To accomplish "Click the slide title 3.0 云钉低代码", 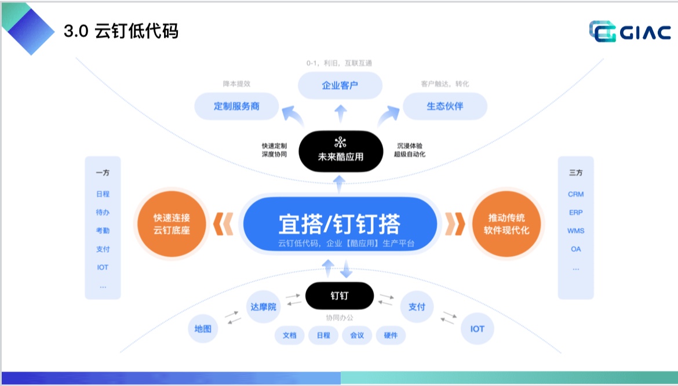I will click(x=121, y=31).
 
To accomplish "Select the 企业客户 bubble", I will click(x=340, y=86).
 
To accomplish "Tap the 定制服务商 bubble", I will click(x=236, y=107).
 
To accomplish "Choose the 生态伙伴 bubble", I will click(x=445, y=107).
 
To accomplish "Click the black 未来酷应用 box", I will click(x=340, y=150).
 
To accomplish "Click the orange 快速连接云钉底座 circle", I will click(x=172, y=224).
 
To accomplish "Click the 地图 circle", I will click(x=203, y=329).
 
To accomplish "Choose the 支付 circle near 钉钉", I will click(x=417, y=307).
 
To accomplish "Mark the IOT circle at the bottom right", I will click(x=477, y=329).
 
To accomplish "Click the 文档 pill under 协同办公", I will click(x=289, y=336).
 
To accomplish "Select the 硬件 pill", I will click(x=391, y=336).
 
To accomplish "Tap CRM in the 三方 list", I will click(x=575, y=194).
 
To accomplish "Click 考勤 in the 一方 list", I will click(x=103, y=231).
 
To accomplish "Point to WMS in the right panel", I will click(x=575, y=231).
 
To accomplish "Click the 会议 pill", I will click(x=357, y=336).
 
